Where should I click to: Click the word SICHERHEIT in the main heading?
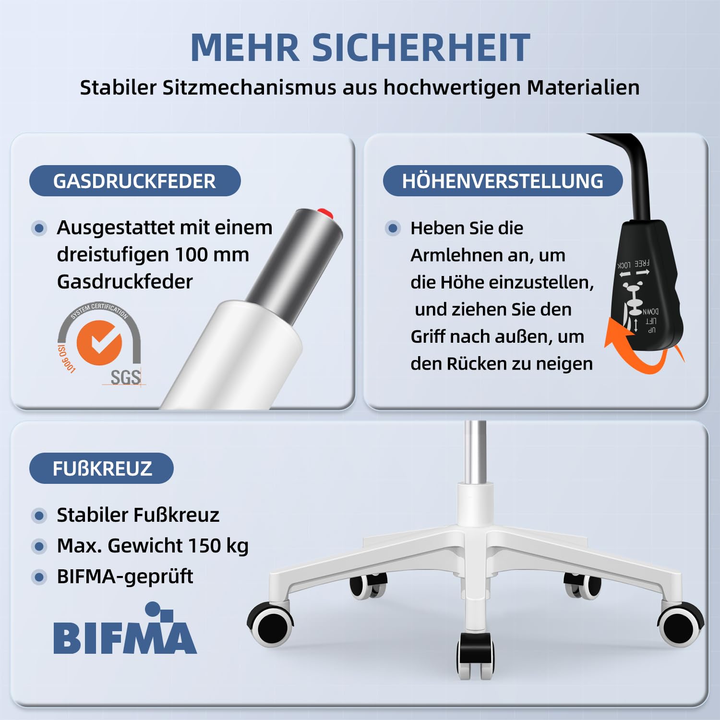421,48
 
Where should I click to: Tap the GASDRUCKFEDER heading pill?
135,181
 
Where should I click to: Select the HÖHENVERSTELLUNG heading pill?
503,181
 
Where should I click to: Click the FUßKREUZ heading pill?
101,468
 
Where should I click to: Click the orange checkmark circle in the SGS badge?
99,343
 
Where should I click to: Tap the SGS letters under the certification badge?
126,378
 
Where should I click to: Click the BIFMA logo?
125,629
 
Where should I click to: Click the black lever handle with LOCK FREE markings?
646,283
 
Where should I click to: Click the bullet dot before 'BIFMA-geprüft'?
39,576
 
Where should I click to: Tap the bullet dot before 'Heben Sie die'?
393,228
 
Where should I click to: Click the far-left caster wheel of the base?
272,624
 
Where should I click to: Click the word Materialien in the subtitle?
583,88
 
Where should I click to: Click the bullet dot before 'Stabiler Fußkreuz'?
39,516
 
